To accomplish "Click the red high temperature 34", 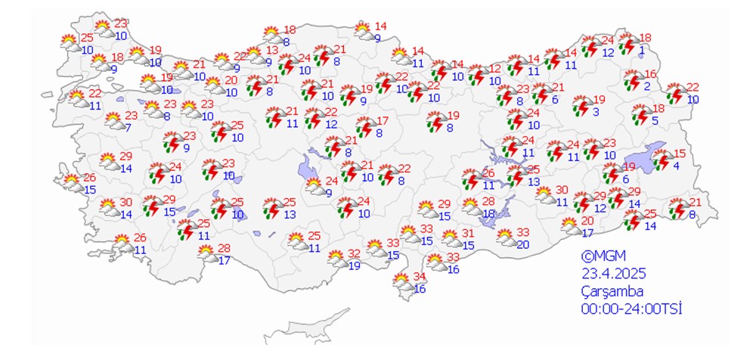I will click(x=420, y=276).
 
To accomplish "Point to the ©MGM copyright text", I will click(x=603, y=256).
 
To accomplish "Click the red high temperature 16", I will click(x=651, y=74).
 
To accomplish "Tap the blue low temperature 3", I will click(x=596, y=112).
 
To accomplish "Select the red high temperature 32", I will click(x=354, y=253).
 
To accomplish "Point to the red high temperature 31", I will click(x=468, y=233).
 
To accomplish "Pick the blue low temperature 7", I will click(x=128, y=127).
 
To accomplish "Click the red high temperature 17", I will click(x=383, y=121).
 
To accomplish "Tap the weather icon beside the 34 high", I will click(x=402, y=283).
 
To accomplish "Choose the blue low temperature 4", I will click(x=677, y=166).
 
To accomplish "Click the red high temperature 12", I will click(x=495, y=69).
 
